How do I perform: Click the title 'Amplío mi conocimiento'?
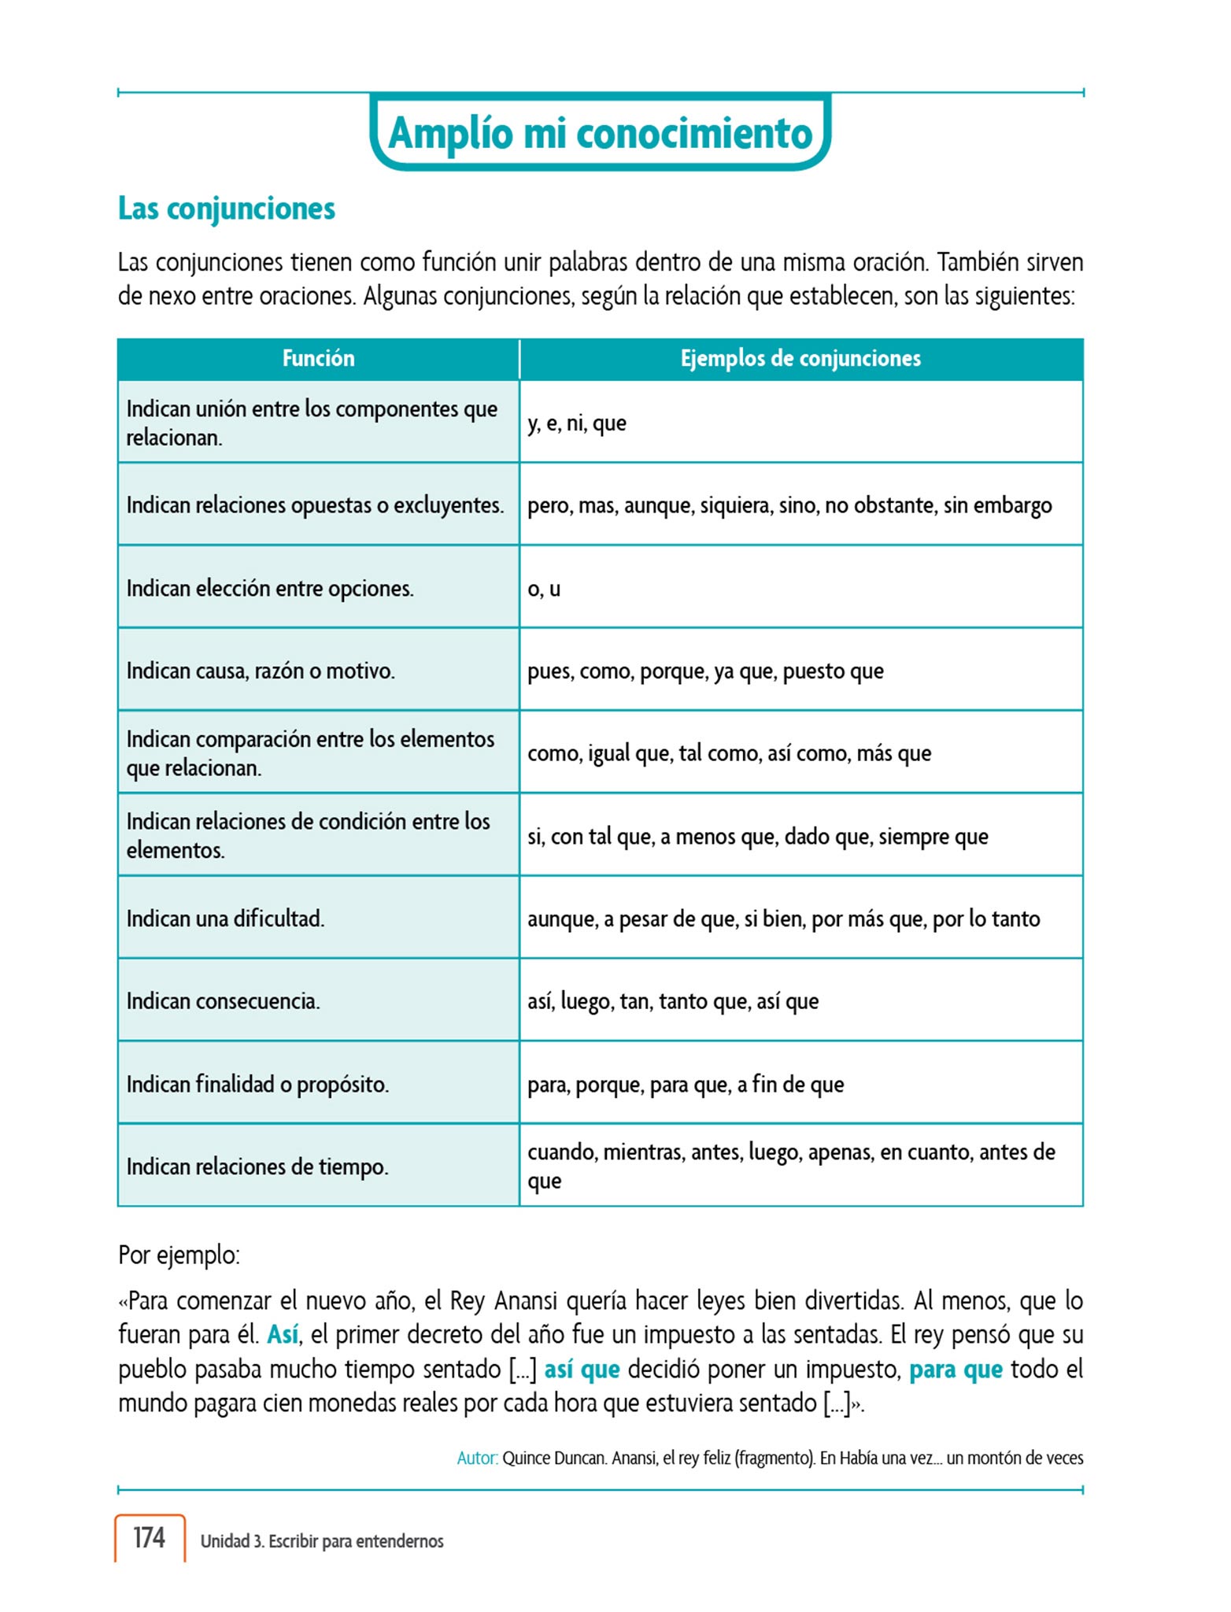click(x=600, y=133)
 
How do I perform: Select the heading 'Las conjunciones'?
click(x=227, y=209)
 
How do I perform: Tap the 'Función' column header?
click(x=318, y=359)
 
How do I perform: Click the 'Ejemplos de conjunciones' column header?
click(x=800, y=359)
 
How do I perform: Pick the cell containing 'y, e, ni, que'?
click(x=577, y=423)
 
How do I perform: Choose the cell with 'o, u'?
click(x=544, y=589)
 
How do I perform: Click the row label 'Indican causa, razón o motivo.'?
click(x=261, y=671)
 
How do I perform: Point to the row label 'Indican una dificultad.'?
click(x=225, y=919)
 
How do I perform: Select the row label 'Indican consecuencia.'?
click(x=223, y=1002)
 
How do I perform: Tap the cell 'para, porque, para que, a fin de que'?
click(x=686, y=1085)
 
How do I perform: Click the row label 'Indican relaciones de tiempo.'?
click(x=257, y=1167)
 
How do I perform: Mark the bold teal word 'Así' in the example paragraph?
click(x=283, y=1335)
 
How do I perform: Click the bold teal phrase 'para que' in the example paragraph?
click(x=956, y=1370)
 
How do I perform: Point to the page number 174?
click(x=149, y=1537)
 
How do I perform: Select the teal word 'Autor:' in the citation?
click(x=477, y=1459)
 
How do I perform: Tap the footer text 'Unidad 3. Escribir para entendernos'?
click(x=322, y=1541)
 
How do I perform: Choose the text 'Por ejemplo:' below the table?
click(x=179, y=1255)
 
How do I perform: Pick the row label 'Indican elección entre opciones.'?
click(x=270, y=589)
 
